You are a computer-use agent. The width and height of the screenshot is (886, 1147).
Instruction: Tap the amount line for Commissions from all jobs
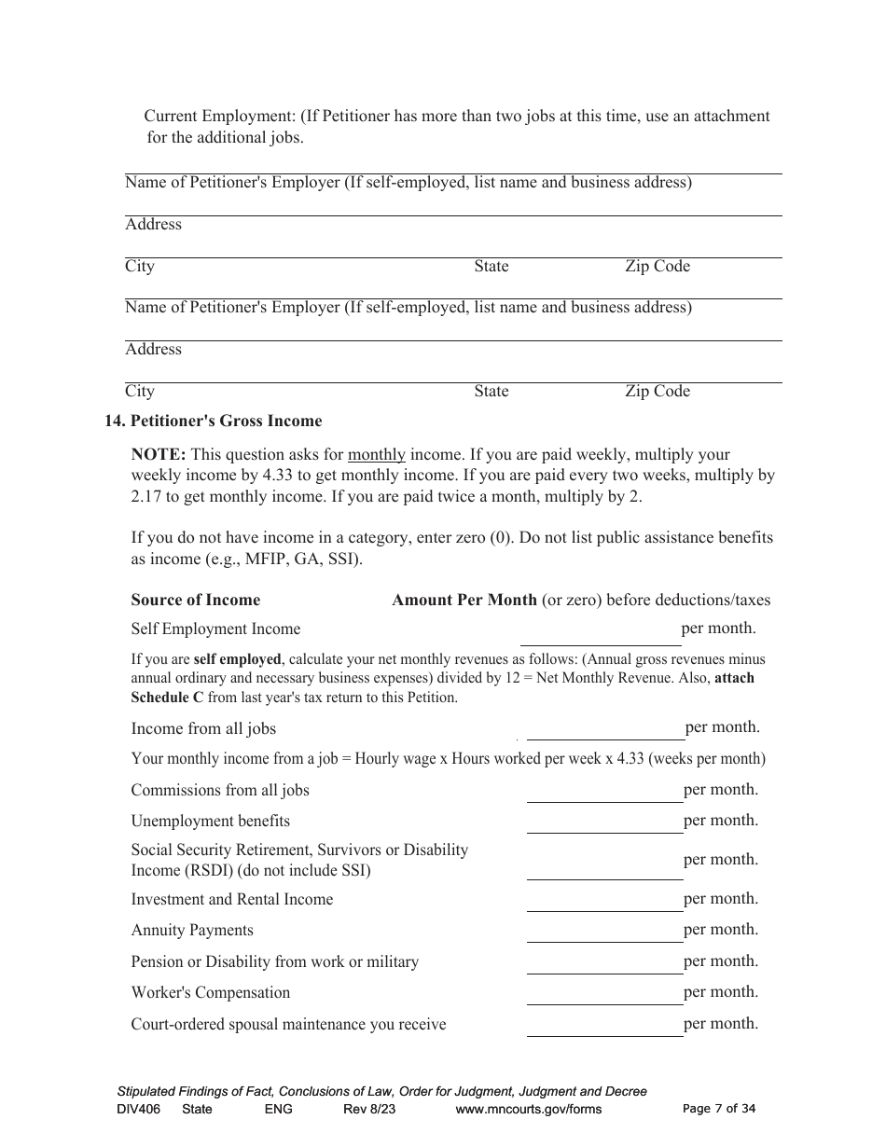point(604,793)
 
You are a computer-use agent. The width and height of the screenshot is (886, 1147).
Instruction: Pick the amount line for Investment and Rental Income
point(604,902)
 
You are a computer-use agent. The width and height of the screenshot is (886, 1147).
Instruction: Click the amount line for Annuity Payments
point(604,933)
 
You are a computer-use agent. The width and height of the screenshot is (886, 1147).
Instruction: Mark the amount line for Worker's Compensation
point(604,995)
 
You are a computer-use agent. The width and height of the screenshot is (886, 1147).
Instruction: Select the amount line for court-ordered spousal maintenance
point(604,1027)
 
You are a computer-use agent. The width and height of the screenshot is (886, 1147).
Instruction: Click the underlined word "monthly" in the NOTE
point(377,455)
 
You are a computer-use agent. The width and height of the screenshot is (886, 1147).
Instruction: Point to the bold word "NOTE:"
point(159,455)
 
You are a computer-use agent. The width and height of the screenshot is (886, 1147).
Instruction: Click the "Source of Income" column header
point(196,601)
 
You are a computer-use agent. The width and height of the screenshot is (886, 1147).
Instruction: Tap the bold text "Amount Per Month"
point(464,601)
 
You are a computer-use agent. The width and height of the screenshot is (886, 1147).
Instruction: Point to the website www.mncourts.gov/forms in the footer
point(528,1110)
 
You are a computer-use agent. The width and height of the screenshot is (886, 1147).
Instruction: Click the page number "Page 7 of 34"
point(719,1109)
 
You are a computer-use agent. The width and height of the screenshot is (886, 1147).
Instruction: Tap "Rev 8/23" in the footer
point(369,1110)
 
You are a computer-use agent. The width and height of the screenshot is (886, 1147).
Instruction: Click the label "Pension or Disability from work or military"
point(275,962)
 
